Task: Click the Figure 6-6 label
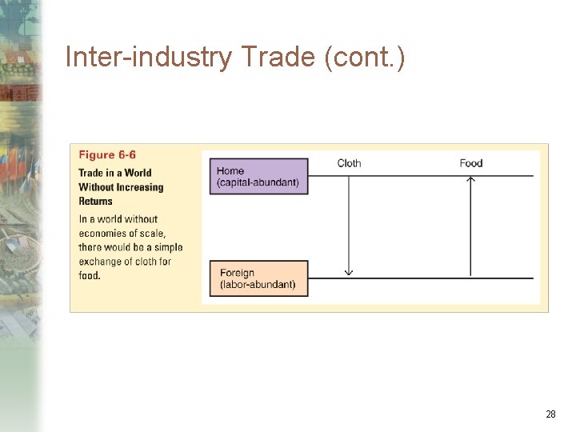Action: (107, 155)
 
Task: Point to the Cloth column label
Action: (349, 163)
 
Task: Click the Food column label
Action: (471, 163)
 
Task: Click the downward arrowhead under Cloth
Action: (349, 273)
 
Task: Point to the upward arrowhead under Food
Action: (471, 180)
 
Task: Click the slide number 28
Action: (550, 414)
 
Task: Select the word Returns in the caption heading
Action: (96, 202)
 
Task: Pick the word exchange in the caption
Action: (102, 262)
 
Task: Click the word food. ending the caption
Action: (90, 276)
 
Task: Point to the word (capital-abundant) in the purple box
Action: (258, 182)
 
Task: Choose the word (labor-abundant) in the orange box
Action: (258, 285)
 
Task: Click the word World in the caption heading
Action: (138, 173)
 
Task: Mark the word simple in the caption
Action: (165, 247)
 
